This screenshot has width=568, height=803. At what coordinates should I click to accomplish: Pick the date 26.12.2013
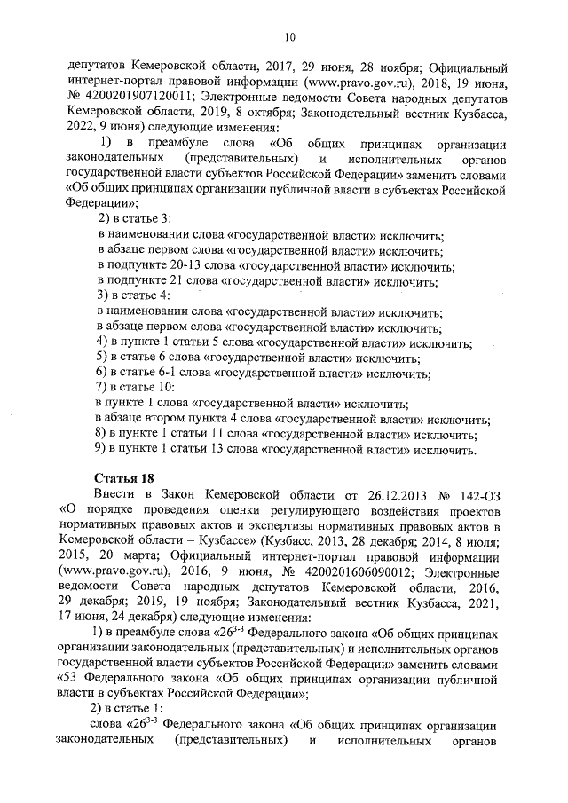[387, 495]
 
